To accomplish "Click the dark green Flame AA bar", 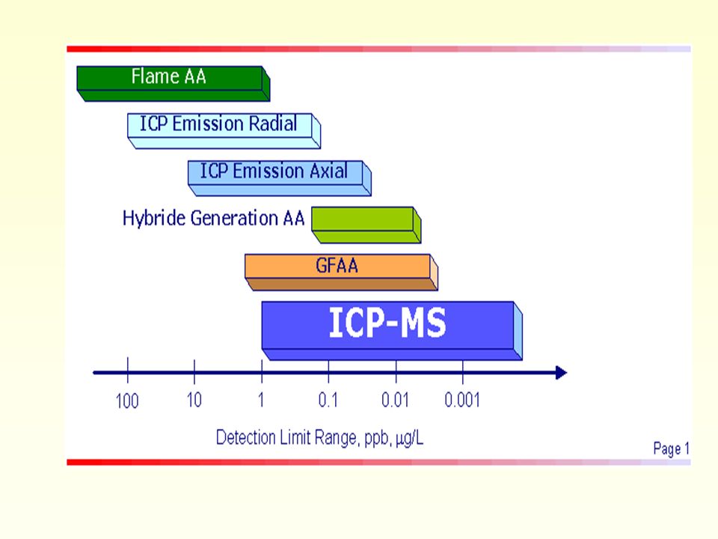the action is tap(173, 83).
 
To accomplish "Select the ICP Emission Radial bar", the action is tap(224, 130).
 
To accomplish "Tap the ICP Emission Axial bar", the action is tap(280, 178).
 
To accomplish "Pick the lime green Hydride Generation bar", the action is tap(366, 225).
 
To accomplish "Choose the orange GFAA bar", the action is tap(342, 272).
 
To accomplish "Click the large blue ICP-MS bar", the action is tap(392, 330).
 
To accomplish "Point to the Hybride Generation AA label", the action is tap(213, 218).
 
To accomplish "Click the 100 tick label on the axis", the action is tap(127, 401).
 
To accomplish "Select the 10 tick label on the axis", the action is tap(194, 400).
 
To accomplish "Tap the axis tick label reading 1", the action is tap(261, 400).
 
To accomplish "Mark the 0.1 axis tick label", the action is tap(328, 400).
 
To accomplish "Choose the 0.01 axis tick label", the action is tap(395, 400).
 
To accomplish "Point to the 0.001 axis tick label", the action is tap(462, 400).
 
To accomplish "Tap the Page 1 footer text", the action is tap(672, 448).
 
